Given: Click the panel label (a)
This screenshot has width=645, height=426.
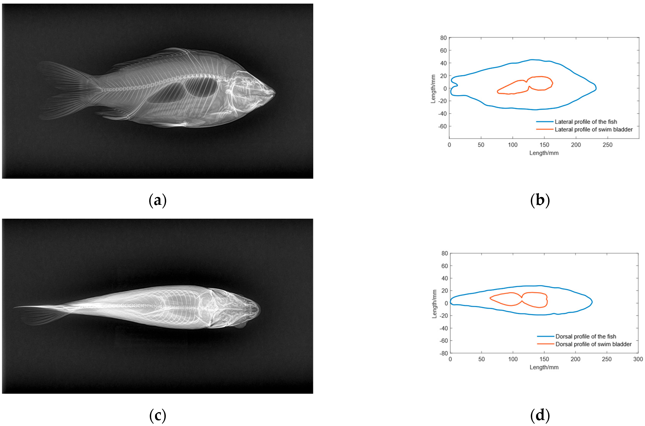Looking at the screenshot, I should point(157,201).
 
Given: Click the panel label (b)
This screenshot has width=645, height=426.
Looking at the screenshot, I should point(540,201).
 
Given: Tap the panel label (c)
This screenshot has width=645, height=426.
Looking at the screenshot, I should point(157,415).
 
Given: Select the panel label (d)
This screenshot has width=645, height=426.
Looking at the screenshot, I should point(540,415).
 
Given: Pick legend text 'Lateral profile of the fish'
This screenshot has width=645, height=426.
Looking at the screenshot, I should point(586,122).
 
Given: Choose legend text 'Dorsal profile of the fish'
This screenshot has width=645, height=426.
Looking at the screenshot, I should point(586,336).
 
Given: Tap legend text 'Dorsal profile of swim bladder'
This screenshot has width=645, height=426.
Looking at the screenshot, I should point(593,344).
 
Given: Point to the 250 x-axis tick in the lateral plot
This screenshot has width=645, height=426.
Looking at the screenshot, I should point(607,145).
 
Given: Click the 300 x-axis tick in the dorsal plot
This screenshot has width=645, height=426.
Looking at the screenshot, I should point(638,359).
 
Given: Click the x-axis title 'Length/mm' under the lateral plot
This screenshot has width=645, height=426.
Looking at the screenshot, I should point(544,153).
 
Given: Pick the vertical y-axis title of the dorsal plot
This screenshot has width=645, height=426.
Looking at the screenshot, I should point(434,304).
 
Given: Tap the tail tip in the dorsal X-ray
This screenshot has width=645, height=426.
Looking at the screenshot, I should point(14,308).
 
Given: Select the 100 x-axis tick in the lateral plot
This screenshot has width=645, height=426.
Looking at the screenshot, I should point(513,145).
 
